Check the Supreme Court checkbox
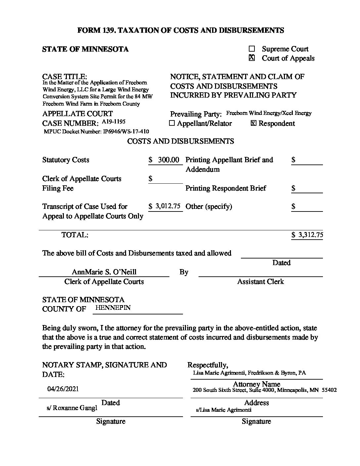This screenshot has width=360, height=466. click(252, 49)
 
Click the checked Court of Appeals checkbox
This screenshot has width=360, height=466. click(252, 58)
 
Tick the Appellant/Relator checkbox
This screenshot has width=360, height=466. click(172, 123)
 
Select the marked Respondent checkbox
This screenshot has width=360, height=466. click(253, 123)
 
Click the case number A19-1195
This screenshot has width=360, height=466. click(113, 121)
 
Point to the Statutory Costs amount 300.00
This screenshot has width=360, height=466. click(168, 160)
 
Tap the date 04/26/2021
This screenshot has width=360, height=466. click(63, 389)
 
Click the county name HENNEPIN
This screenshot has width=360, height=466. click(112, 307)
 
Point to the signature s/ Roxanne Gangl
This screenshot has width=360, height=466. click(72, 408)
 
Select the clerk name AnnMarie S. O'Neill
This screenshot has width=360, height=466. click(104, 272)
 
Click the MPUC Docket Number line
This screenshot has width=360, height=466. click(96, 131)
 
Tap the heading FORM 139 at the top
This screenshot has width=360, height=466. click(180, 30)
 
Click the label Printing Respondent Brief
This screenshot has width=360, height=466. click(226, 188)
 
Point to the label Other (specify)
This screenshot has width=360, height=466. click(209, 207)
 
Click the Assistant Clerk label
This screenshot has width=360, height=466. click(260, 282)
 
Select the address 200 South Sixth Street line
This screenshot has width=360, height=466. click(264, 390)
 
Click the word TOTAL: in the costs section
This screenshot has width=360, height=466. click(75, 235)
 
